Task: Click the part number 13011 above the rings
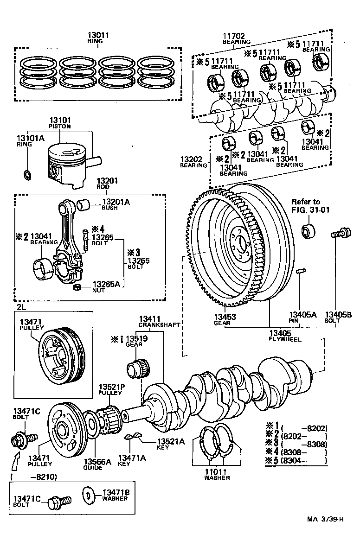click(101, 35)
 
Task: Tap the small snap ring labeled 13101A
click(27, 175)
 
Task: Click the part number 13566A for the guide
click(97, 461)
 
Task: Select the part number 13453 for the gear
click(225, 317)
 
